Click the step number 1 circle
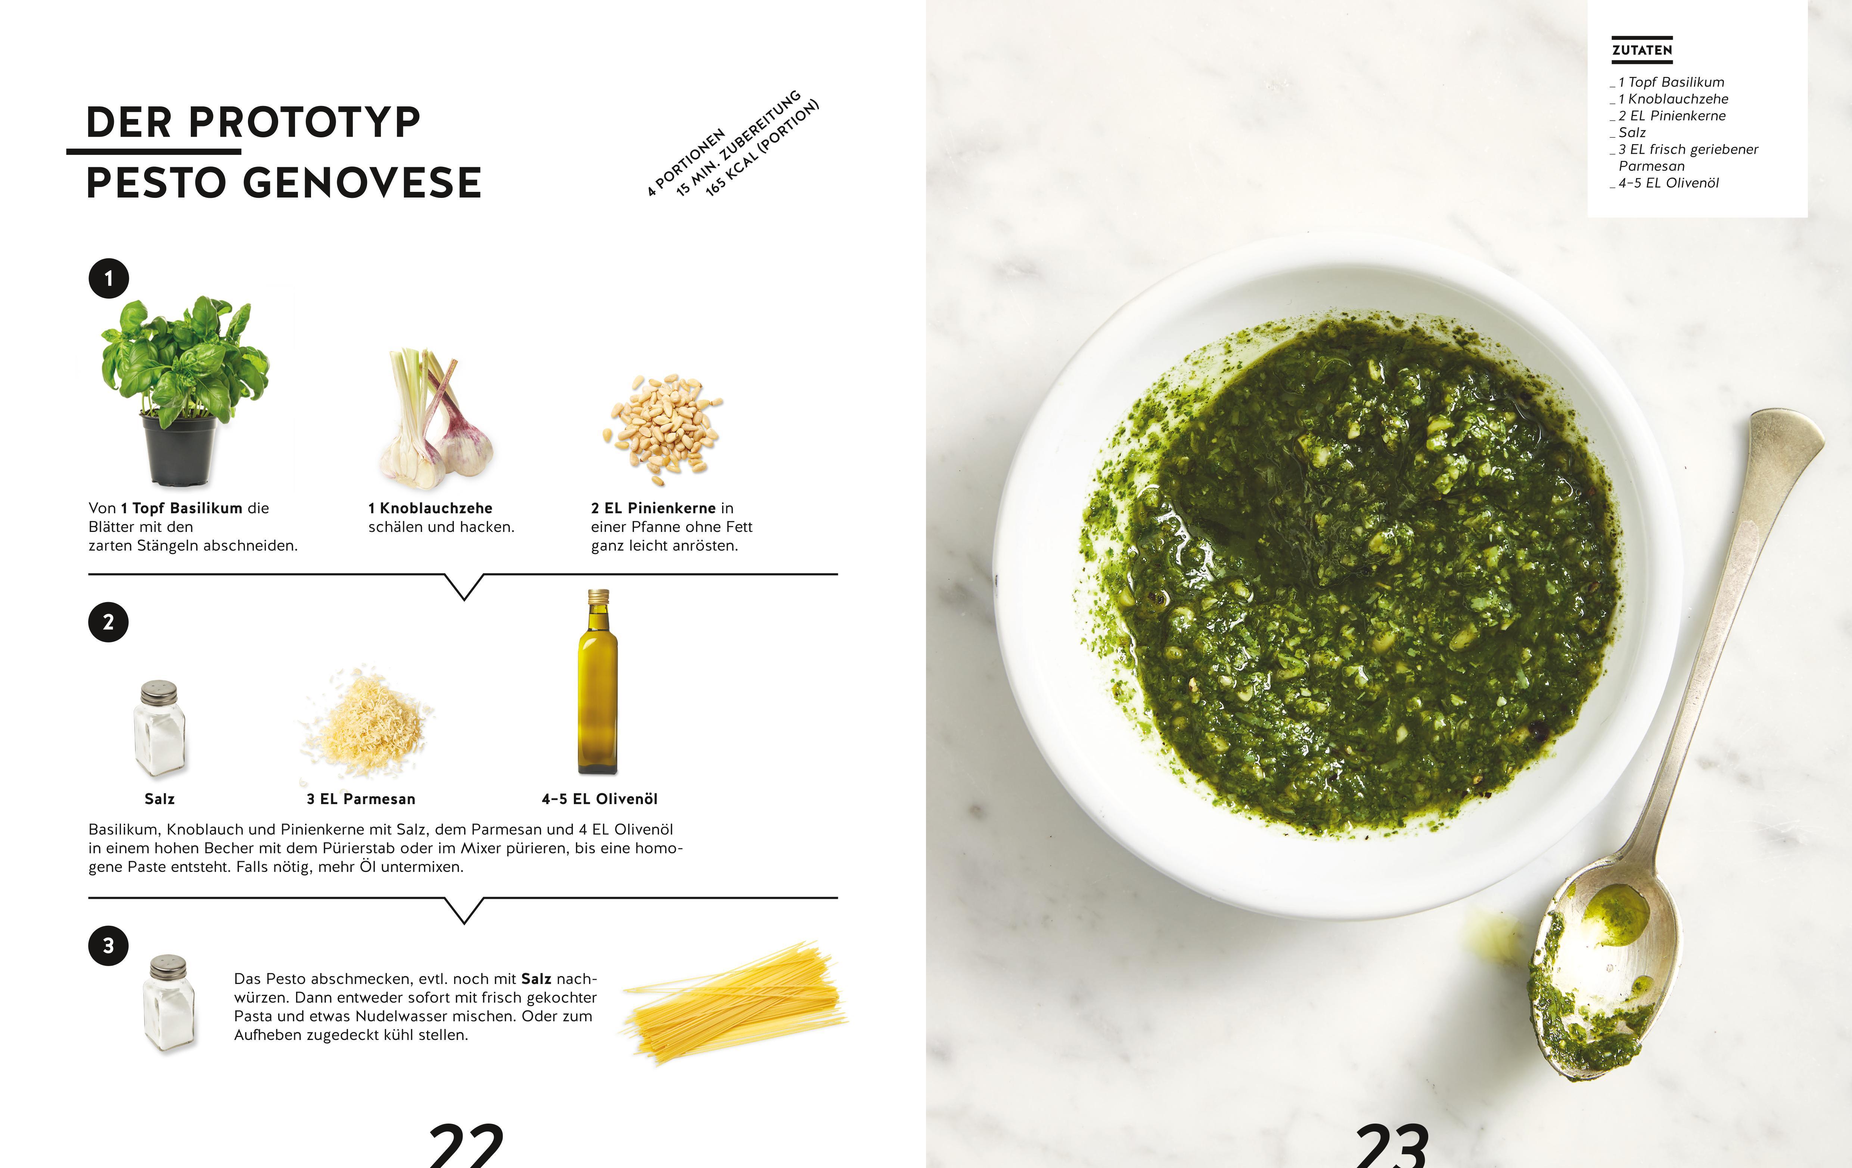(x=108, y=278)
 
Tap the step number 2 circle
(x=108, y=622)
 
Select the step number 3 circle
(x=108, y=946)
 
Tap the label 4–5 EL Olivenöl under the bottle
(x=600, y=799)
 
